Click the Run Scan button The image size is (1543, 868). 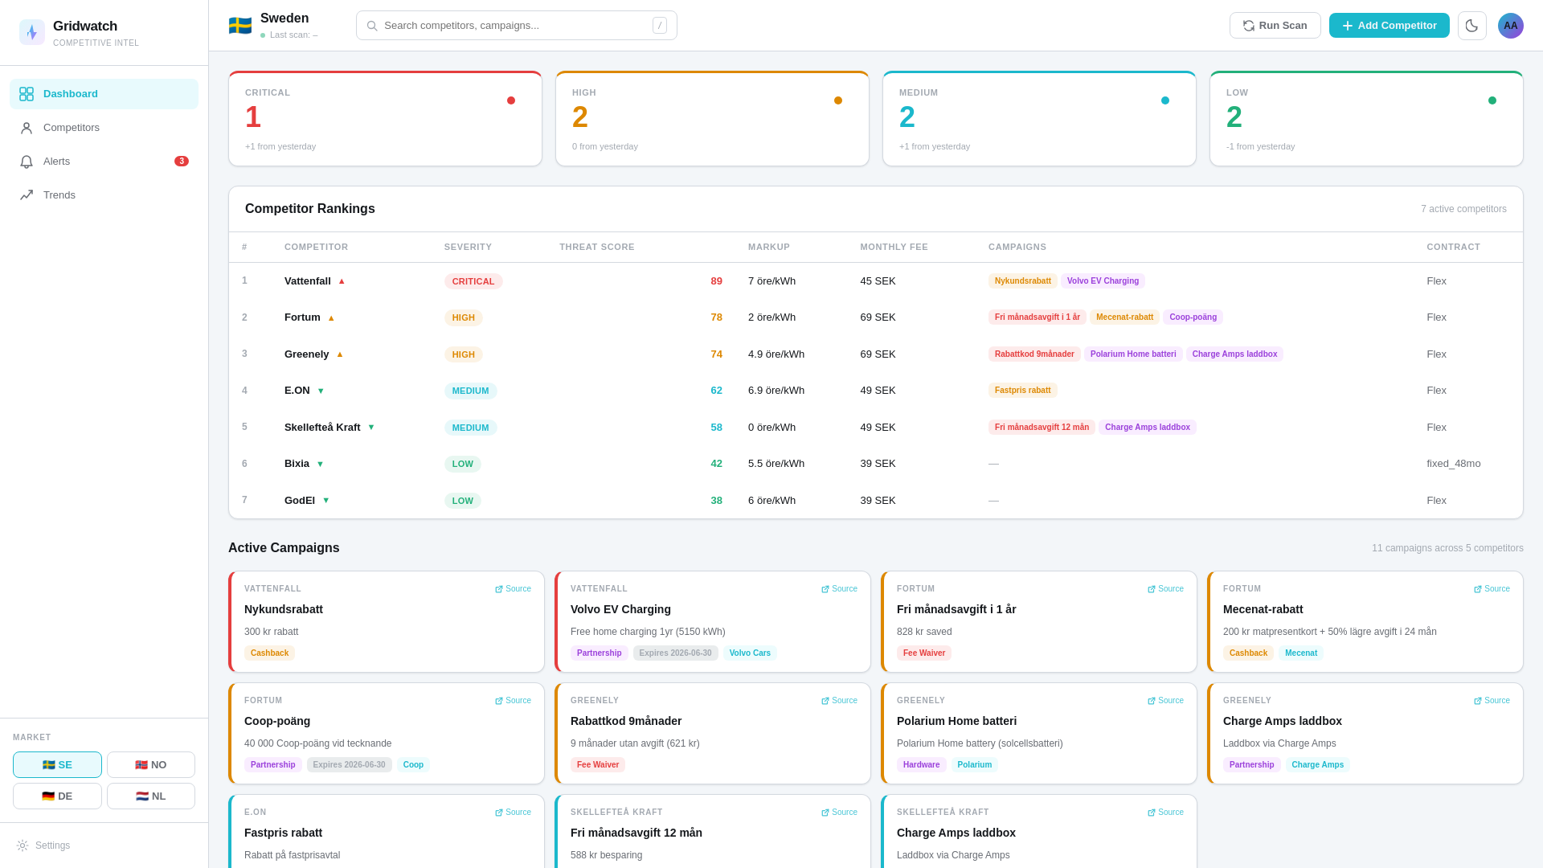pyautogui.click(x=1275, y=26)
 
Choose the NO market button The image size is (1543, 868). pyautogui.click(x=150, y=765)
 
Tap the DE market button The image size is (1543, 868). pyautogui.click(x=57, y=796)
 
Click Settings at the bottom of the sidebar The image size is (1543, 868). pyautogui.click(x=52, y=845)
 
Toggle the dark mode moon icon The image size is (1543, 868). pyautogui.click(x=1471, y=26)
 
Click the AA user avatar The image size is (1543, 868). pyautogui.click(x=1510, y=26)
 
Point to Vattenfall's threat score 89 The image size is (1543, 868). pyautogui.click(x=716, y=281)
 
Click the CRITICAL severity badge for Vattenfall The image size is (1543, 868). pyautogui.click(x=473, y=281)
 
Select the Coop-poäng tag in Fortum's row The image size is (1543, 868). pyautogui.click(x=1193, y=317)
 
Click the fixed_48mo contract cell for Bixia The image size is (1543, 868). pyautogui.click(x=1453, y=464)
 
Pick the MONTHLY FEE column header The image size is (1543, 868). pyautogui.click(x=894, y=248)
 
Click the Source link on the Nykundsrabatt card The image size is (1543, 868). pyautogui.click(x=513, y=589)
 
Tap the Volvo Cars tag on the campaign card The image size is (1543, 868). pyautogui.click(x=749, y=653)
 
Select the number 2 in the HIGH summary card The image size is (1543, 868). pyautogui.click(x=579, y=117)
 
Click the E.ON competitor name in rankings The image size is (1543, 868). pyautogui.click(x=297, y=391)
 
